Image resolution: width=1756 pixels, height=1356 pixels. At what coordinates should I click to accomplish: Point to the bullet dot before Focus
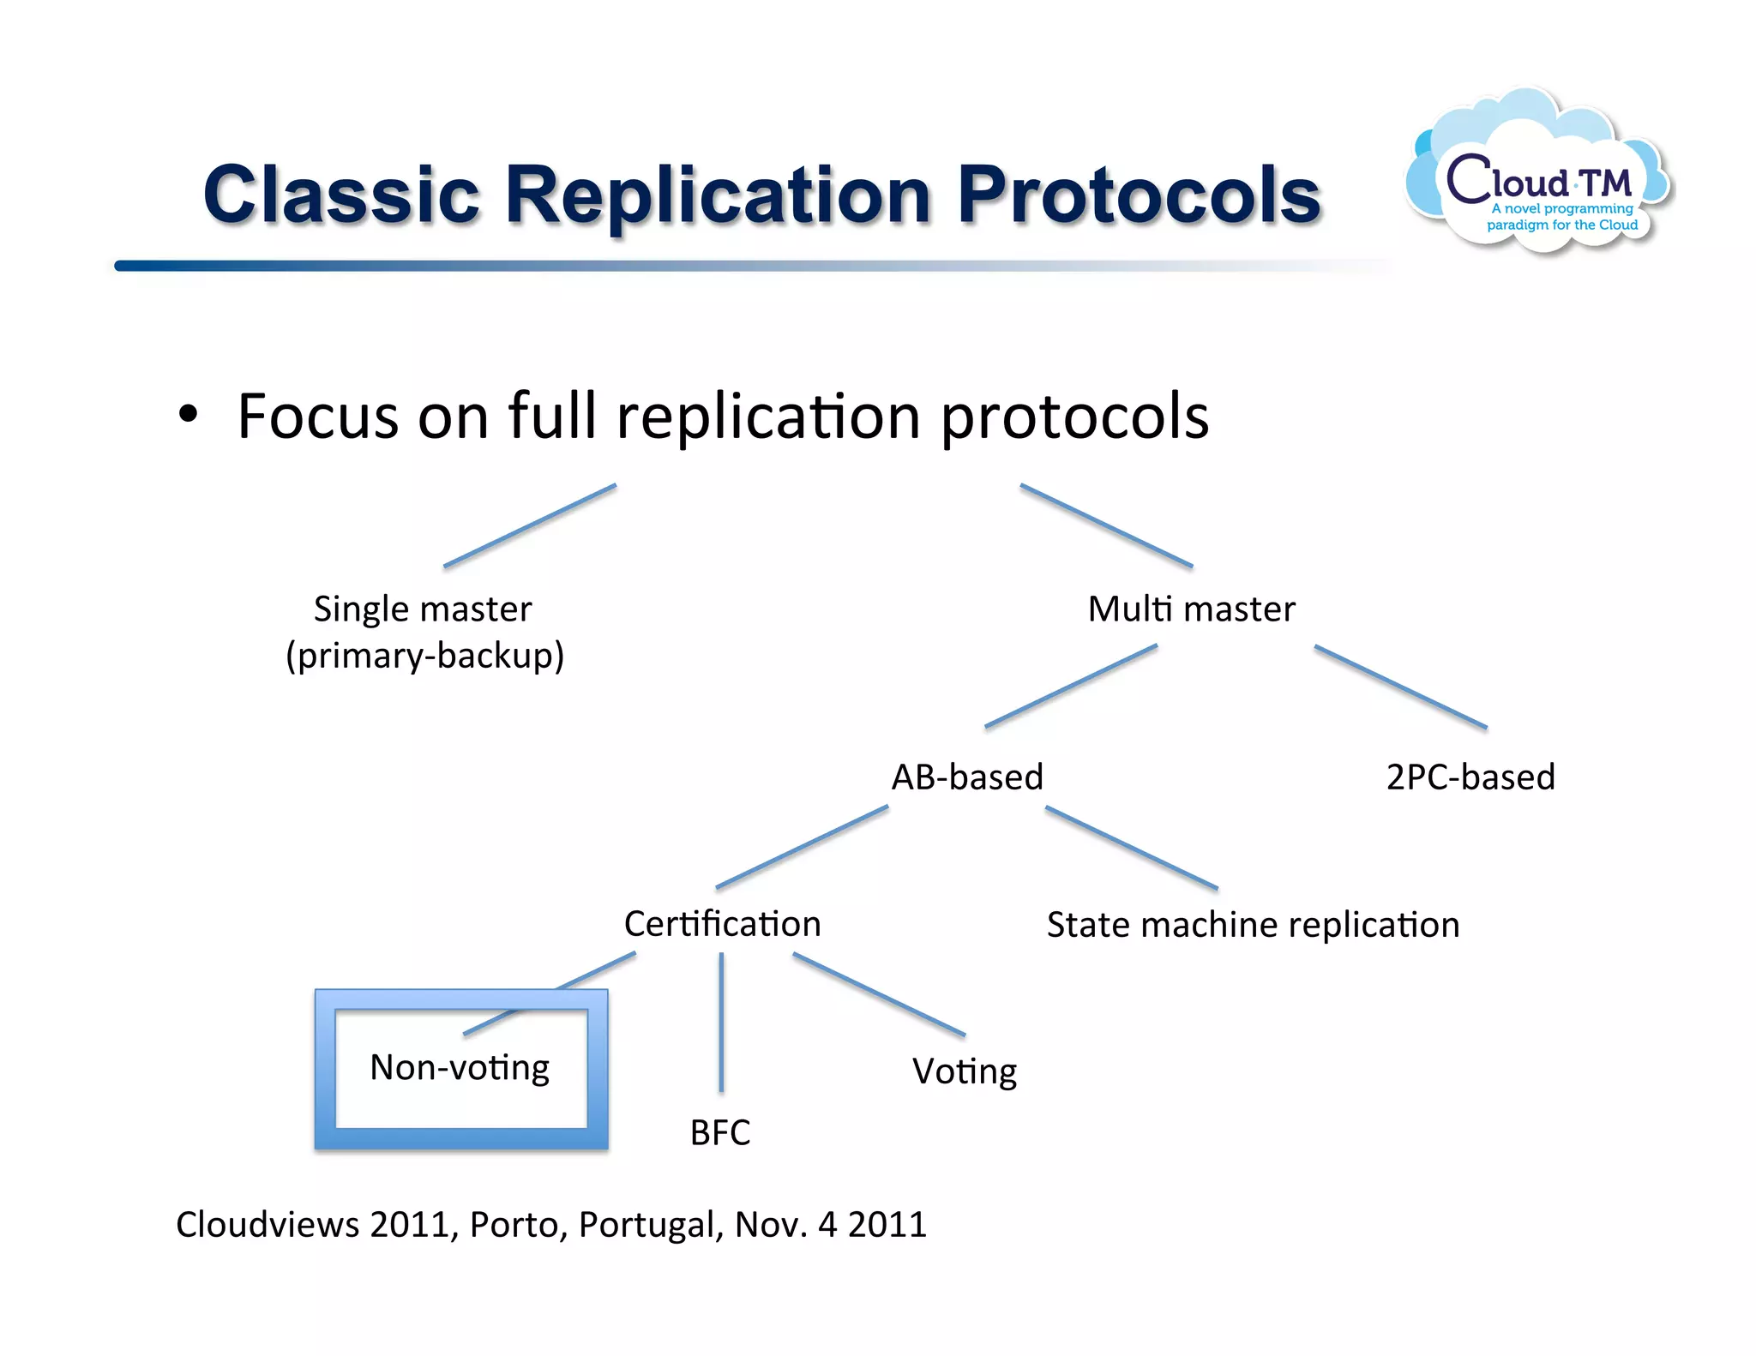click(188, 415)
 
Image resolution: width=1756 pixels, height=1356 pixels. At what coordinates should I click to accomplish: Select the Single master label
click(422, 609)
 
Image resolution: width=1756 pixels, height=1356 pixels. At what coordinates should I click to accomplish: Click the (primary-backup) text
click(424, 656)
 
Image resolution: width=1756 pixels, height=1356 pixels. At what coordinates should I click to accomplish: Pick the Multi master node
click(1191, 609)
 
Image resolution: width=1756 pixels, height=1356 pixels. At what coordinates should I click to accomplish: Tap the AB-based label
click(967, 777)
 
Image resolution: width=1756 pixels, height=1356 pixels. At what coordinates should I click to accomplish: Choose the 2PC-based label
click(1470, 777)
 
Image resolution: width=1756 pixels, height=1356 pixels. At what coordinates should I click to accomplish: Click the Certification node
click(722, 924)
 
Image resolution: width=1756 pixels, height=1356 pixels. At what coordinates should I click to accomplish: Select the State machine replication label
click(1253, 925)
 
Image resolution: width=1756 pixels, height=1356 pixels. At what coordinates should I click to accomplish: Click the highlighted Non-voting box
click(460, 1069)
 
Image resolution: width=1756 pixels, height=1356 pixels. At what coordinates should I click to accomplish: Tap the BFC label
click(720, 1132)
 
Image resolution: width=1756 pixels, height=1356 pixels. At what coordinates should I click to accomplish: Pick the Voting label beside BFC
click(965, 1071)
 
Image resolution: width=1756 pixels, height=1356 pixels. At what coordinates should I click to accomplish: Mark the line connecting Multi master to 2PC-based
click(1400, 687)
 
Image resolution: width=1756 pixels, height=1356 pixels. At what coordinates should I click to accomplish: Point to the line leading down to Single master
click(529, 525)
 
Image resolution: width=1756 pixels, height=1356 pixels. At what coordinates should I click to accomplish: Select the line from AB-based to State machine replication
click(1131, 848)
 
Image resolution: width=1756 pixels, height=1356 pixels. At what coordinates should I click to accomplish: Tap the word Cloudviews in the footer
click(268, 1225)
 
